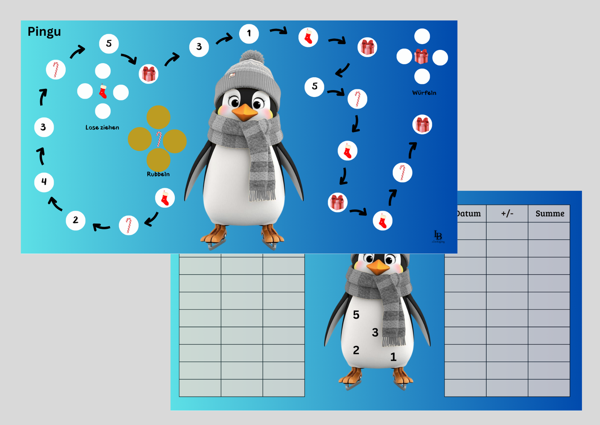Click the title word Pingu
tap(44, 32)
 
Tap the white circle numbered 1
tap(249, 34)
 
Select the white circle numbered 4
tap(44, 182)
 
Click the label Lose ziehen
tap(102, 128)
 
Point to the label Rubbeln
tap(158, 174)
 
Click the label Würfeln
tap(424, 93)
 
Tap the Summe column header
tap(549, 214)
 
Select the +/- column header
tap(507, 214)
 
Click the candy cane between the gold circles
tap(159, 139)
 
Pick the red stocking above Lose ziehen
tap(103, 91)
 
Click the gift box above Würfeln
tap(421, 57)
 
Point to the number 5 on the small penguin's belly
tap(356, 315)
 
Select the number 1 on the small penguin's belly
tap(393, 357)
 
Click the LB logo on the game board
tap(438, 236)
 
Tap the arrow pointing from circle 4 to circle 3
tap(41, 156)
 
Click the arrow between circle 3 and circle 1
tap(224, 40)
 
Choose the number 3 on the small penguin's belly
tap(375, 333)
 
